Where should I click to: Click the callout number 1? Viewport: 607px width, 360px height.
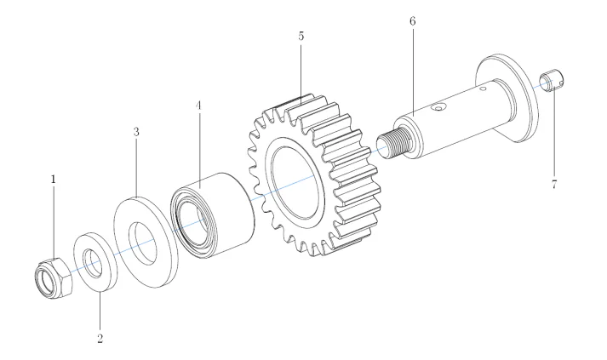[x=54, y=180]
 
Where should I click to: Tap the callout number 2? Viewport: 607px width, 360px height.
[x=100, y=338]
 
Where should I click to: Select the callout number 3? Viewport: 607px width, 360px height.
[x=135, y=134]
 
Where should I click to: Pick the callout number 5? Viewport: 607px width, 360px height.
[x=301, y=37]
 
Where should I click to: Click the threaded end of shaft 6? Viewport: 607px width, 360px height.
[x=392, y=146]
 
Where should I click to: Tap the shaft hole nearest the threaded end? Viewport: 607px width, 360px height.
[x=440, y=108]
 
